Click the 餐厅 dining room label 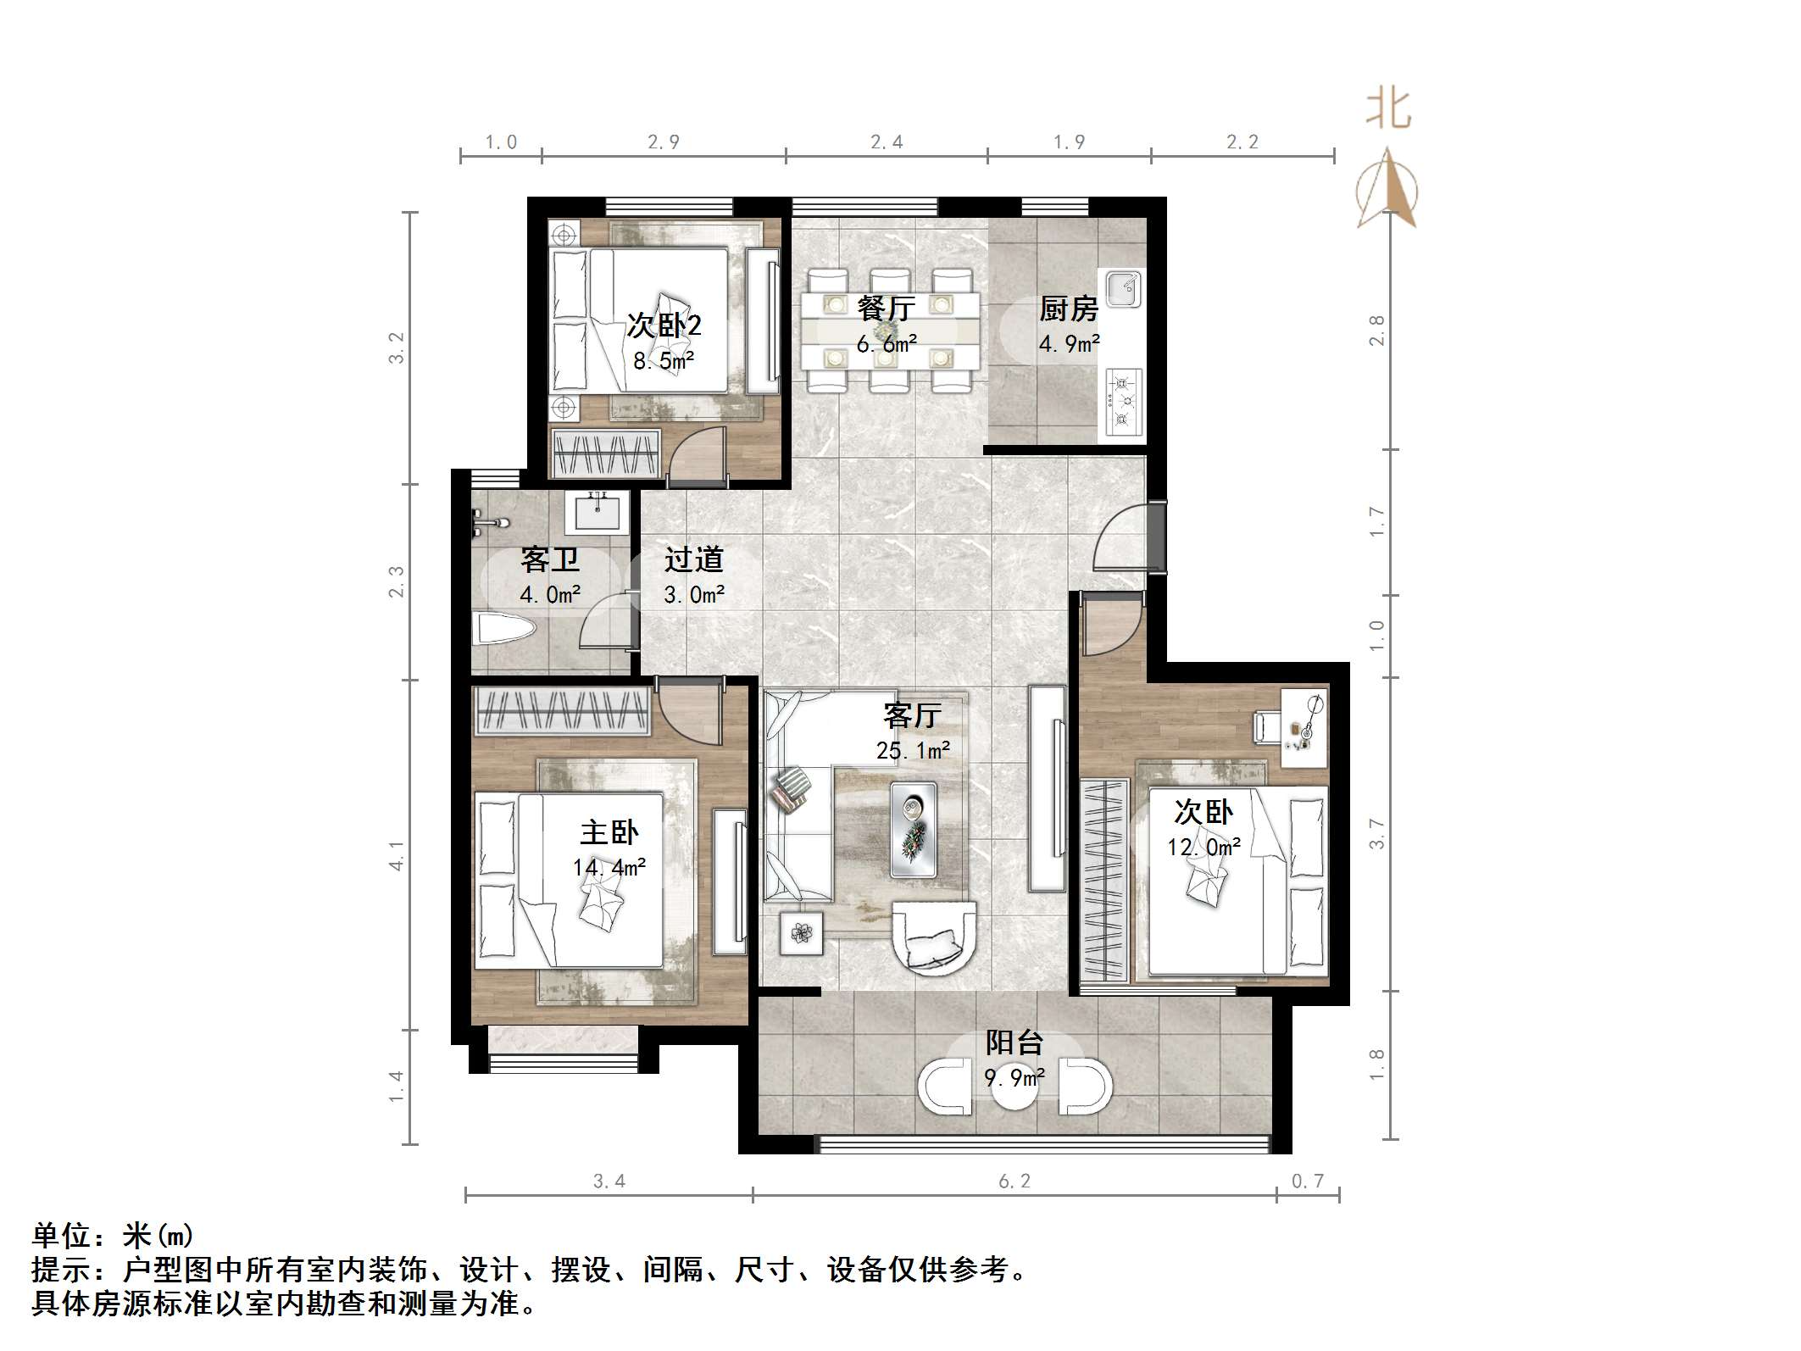[886, 309]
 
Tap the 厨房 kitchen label [1068, 309]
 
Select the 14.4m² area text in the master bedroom [609, 868]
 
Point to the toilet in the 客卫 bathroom [503, 630]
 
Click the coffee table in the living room [914, 830]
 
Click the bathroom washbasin [598, 511]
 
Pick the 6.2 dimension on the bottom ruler [1014, 1181]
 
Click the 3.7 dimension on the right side [1376, 834]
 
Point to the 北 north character [1387, 109]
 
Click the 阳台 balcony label [1014, 1042]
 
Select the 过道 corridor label [693, 559]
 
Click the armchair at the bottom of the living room [935, 940]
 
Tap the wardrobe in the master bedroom [561, 710]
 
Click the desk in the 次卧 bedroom [1304, 727]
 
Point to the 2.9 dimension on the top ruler [663, 142]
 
